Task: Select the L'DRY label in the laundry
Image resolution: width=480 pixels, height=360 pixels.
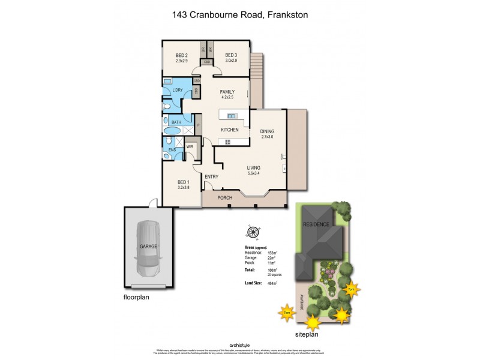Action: [x=177, y=91]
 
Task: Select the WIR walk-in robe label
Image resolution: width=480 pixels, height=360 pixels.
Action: [x=190, y=146]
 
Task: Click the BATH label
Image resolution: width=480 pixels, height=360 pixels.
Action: [x=176, y=122]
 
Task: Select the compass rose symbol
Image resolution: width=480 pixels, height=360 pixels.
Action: [x=253, y=232]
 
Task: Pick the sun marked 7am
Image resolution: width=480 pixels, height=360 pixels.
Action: [x=286, y=312]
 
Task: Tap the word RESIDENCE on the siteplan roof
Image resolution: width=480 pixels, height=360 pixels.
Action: [x=316, y=224]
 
